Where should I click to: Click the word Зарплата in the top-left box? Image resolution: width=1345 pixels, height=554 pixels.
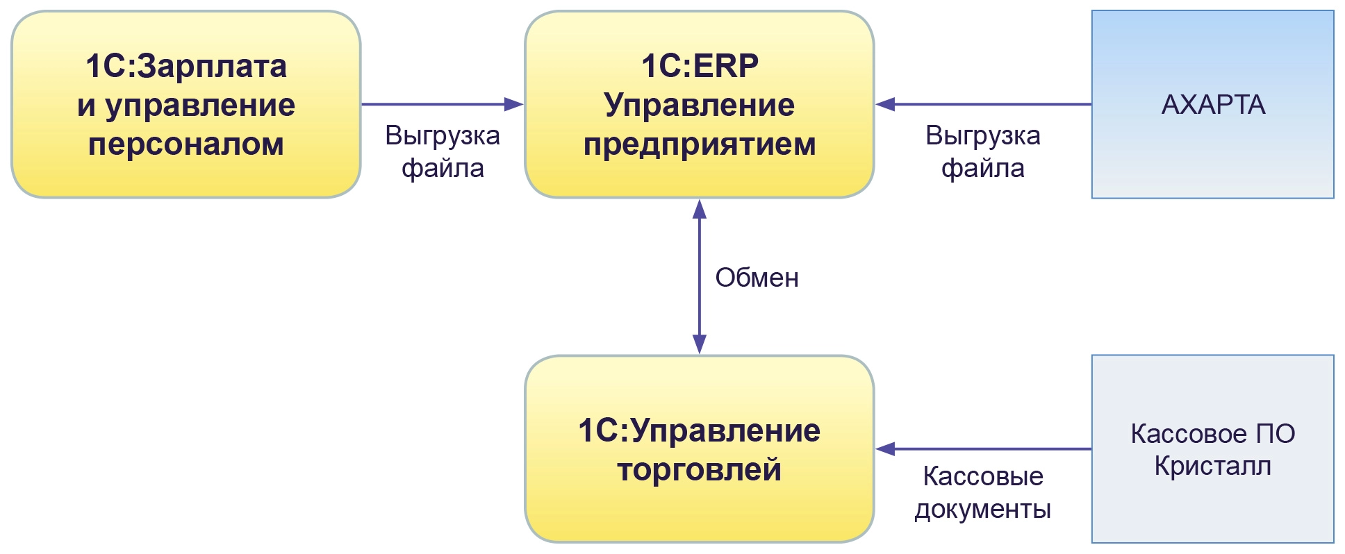(x=212, y=67)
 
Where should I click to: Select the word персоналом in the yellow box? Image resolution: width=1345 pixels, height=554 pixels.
(x=186, y=144)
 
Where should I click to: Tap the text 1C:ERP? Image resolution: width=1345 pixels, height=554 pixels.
(x=700, y=67)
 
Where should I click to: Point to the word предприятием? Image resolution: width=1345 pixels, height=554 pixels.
(x=700, y=144)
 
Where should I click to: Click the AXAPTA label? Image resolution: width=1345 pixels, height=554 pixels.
(x=1213, y=105)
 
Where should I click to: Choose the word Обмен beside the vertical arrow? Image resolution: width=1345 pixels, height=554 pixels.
(x=757, y=278)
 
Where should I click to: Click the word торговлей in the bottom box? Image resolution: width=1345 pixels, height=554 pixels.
(x=700, y=470)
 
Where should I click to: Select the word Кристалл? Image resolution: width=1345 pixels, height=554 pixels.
(x=1213, y=466)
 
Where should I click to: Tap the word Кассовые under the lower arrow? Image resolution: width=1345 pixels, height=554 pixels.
(x=983, y=477)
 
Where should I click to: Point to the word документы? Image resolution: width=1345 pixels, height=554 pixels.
(x=982, y=510)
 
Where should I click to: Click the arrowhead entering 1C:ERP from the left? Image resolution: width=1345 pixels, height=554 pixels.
(x=514, y=105)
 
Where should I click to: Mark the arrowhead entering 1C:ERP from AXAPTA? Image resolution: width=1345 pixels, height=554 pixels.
(x=885, y=105)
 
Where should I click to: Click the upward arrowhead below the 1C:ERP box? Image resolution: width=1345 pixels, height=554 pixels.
(x=700, y=208)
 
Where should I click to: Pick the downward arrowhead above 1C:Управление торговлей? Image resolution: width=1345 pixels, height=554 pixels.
(x=700, y=344)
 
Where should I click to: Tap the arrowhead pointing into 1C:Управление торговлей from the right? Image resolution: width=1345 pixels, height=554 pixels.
(x=885, y=449)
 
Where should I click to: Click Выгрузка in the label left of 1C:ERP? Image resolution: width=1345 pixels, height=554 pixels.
(x=443, y=135)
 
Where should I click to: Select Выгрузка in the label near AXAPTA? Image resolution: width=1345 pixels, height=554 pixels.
(x=983, y=135)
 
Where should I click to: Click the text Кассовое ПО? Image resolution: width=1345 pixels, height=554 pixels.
(x=1213, y=434)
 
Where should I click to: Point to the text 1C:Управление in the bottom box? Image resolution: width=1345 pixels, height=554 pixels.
(x=700, y=431)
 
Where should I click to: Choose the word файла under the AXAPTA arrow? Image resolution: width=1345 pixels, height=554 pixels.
(x=983, y=169)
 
